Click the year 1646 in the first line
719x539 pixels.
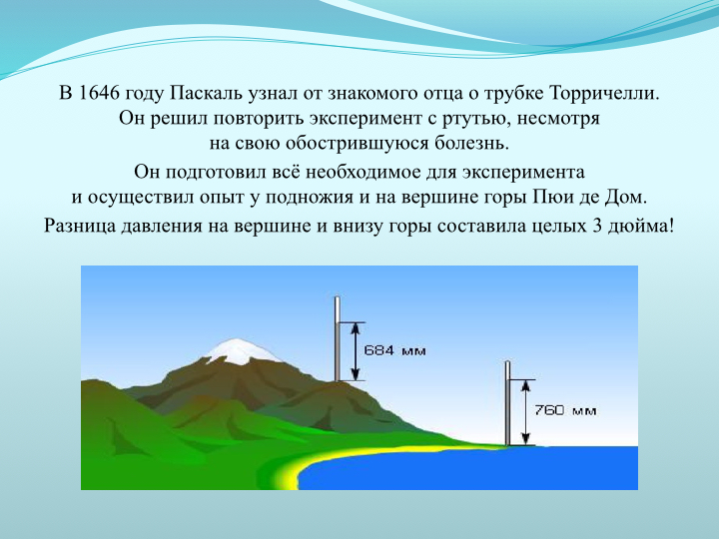click(x=97, y=93)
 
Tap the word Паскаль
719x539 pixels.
click(x=207, y=94)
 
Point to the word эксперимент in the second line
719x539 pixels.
click(x=364, y=119)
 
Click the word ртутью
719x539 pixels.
click(x=476, y=119)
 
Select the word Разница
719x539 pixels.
click(x=80, y=227)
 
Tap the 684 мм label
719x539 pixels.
click(x=394, y=351)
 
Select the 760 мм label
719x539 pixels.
click(x=565, y=410)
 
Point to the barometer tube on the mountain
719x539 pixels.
click(x=338, y=338)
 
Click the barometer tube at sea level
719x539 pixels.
click(x=507, y=403)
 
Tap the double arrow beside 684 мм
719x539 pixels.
click(x=356, y=351)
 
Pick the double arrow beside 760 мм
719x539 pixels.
click(x=526, y=412)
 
